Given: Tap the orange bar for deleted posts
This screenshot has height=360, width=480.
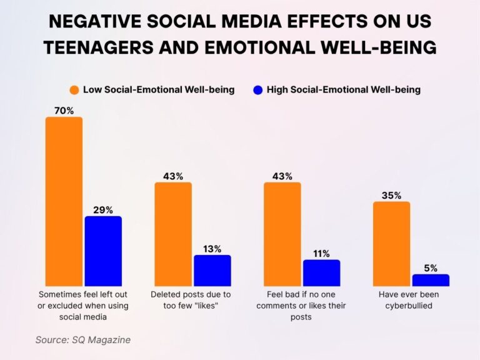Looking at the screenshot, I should pyautogui.click(x=173, y=234).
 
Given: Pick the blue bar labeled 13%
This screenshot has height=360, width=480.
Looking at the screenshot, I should pyautogui.click(x=212, y=271).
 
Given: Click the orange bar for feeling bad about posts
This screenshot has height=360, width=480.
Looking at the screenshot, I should pyautogui.click(x=282, y=234).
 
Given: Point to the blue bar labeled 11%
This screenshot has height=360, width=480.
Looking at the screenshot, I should pyautogui.click(x=322, y=273).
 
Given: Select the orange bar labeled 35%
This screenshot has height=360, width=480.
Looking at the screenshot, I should pyautogui.click(x=392, y=244).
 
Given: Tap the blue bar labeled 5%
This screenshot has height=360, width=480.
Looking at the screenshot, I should pyautogui.click(x=431, y=280).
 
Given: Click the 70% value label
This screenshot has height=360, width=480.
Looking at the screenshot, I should pyautogui.click(x=64, y=111).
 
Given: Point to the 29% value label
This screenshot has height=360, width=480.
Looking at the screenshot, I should pyautogui.click(x=103, y=210).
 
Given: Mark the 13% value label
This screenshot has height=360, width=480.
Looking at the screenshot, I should pyautogui.click(x=212, y=249).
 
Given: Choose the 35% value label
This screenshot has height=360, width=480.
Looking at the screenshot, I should pyautogui.click(x=392, y=196).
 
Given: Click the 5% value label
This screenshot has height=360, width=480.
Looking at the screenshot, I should pyautogui.click(x=431, y=268).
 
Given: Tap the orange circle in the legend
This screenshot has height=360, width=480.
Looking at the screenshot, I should pyautogui.click(x=74, y=90).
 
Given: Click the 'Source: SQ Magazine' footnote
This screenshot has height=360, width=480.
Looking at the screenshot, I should pyautogui.click(x=82, y=340).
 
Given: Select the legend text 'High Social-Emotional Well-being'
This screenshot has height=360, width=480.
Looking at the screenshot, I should pyautogui.click(x=343, y=90).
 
